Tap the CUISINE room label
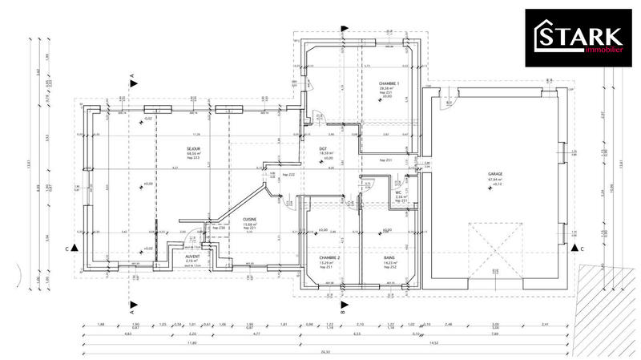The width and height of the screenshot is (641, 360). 227,219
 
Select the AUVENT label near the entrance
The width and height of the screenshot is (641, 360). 192,256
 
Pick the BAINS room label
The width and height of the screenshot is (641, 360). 389,257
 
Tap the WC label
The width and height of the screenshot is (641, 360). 398,192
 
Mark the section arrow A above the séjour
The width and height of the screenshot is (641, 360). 132,79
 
